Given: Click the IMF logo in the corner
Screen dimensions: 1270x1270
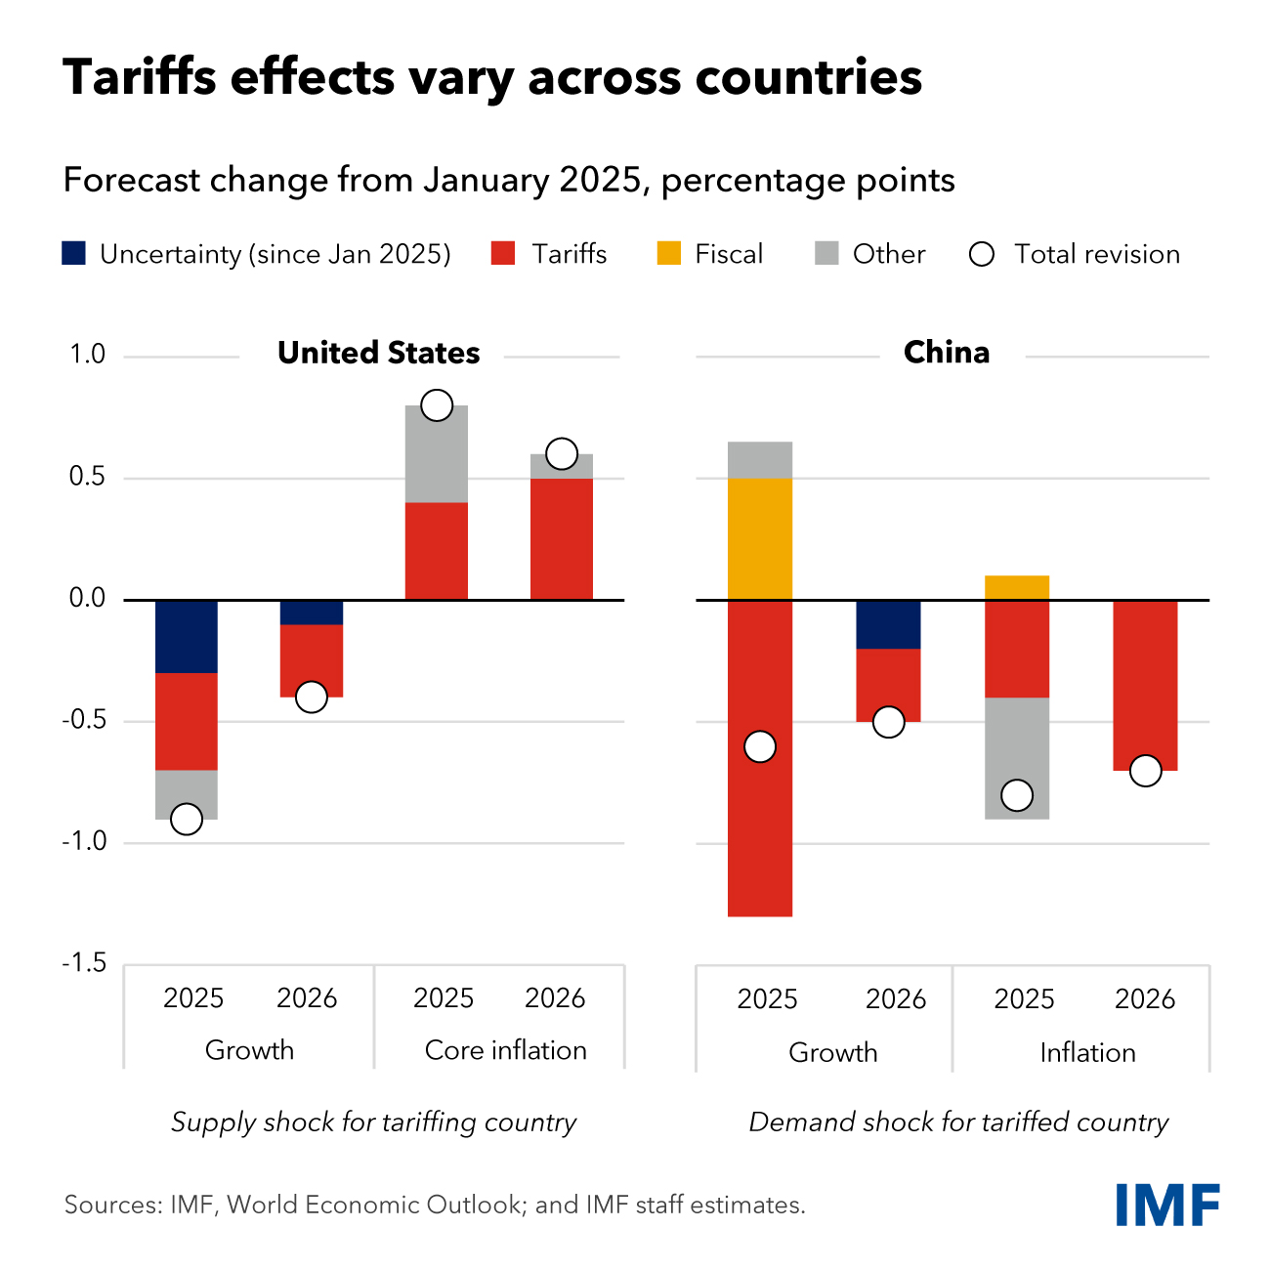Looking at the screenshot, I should coord(1167,1205).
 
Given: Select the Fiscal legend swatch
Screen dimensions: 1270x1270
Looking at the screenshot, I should coord(669,254).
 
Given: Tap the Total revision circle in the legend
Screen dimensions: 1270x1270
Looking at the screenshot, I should coord(981,255).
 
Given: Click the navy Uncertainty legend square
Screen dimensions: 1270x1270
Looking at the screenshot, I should coord(74,254).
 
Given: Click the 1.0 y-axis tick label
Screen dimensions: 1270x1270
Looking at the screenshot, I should coord(87,355).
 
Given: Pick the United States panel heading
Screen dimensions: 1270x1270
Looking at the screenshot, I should coord(378,353).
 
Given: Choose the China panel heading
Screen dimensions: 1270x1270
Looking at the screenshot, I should coord(946,353).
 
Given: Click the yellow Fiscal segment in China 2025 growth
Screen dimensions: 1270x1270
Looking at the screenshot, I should coord(760,538).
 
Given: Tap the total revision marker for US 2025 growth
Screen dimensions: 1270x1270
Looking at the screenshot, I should coord(187,819).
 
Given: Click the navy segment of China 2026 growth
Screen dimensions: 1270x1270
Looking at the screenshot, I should coord(888,624).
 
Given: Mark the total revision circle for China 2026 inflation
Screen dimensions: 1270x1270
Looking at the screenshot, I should coord(1145,771).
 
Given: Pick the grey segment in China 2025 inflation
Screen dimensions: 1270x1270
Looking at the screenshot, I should coord(1017,752).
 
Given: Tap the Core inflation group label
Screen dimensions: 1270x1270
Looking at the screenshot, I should coord(505,1050).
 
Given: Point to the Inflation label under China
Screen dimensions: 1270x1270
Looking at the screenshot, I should coord(1087,1052).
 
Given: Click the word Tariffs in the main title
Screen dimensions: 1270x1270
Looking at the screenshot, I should coord(140,77).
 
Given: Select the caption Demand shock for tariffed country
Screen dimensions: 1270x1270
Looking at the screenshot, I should coord(958,1122).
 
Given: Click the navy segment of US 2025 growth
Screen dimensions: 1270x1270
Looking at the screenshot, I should coord(187,636).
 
